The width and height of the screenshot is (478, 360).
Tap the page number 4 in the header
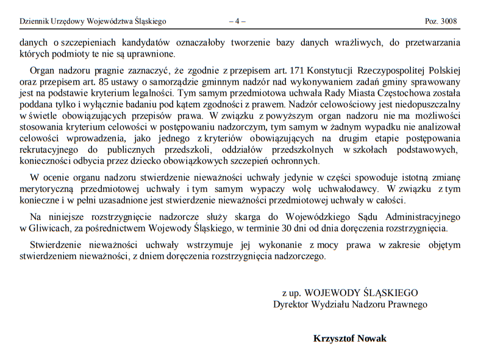tap(237, 21)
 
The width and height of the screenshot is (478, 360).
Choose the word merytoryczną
tap(45, 189)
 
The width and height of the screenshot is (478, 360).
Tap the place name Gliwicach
tap(45, 228)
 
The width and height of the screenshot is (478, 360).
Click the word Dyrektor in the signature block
tap(291, 304)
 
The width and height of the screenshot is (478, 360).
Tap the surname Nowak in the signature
tap(371, 339)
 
